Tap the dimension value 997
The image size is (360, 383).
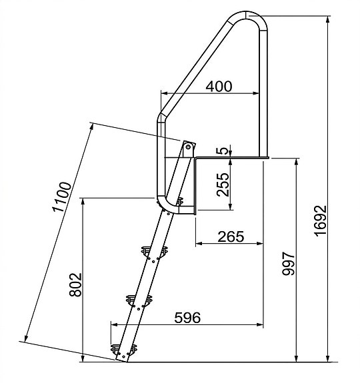click(287, 266)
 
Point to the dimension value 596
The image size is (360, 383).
click(187, 318)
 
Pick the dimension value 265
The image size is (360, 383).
click(230, 236)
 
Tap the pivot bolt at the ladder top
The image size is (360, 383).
click(188, 146)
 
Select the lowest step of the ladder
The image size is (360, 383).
click(123, 347)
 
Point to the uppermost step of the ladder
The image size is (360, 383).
click(153, 252)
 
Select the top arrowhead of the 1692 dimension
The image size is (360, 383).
click(329, 20)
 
